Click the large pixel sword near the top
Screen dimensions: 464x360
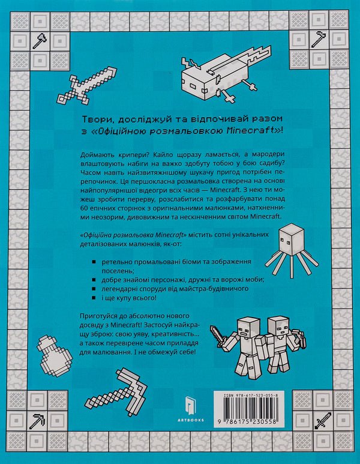point(82,85)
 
